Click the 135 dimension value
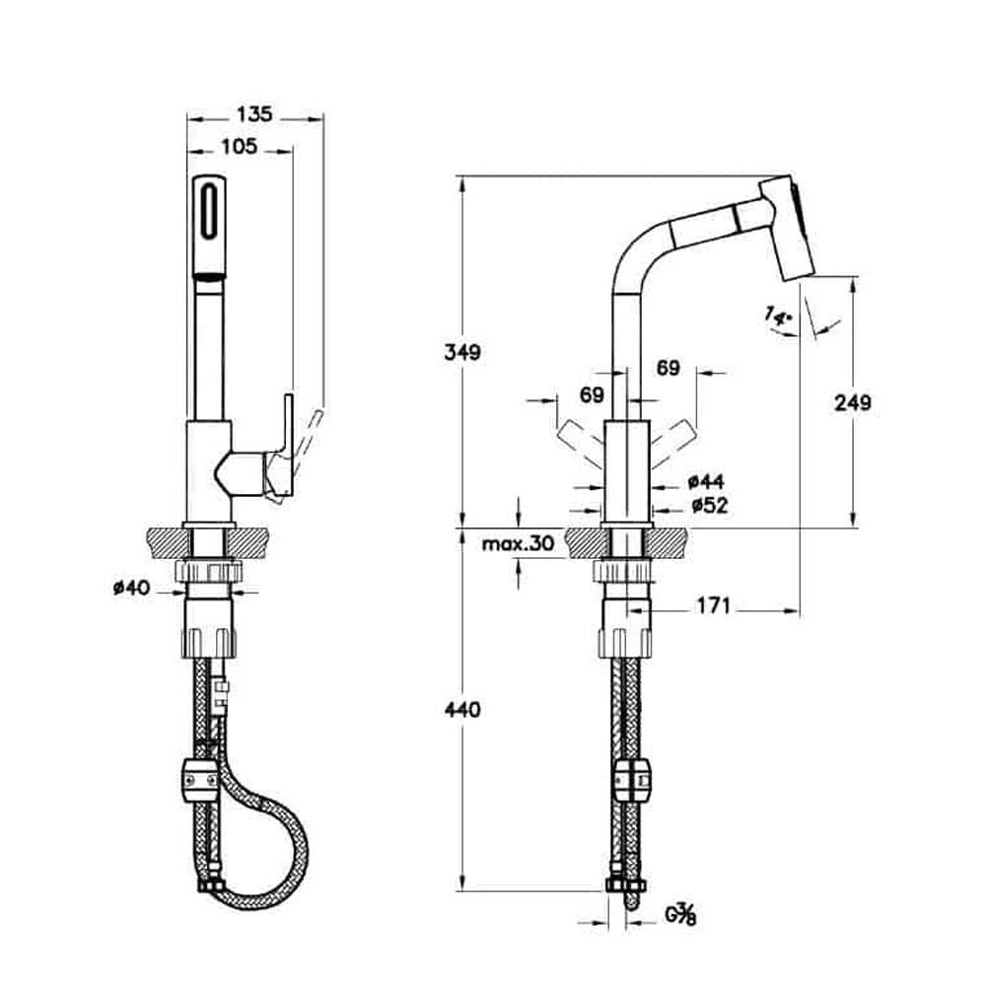(255, 114)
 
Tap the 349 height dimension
(460, 352)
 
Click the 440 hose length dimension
(460, 709)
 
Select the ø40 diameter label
(131, 589)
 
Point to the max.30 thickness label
(518, 543)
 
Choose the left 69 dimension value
(592, 395)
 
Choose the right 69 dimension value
(668, 368)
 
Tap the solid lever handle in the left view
(285, 444)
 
